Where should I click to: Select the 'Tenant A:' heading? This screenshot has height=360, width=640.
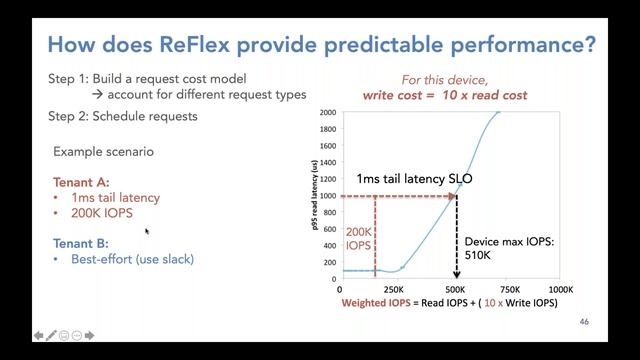tap(81, 182)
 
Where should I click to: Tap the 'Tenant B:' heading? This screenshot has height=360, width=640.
tap(81, 243)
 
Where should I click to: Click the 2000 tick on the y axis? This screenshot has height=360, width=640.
tap(327, 112)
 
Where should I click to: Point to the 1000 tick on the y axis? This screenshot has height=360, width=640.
tap(327, 196)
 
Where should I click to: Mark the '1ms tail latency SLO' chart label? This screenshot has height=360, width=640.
tap(414, 179)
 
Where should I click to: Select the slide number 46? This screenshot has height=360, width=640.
tap(586, 322)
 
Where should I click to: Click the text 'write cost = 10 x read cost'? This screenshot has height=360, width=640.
tap(444, 96)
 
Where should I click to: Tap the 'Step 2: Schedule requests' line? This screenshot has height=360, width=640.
tap(122, 116)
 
